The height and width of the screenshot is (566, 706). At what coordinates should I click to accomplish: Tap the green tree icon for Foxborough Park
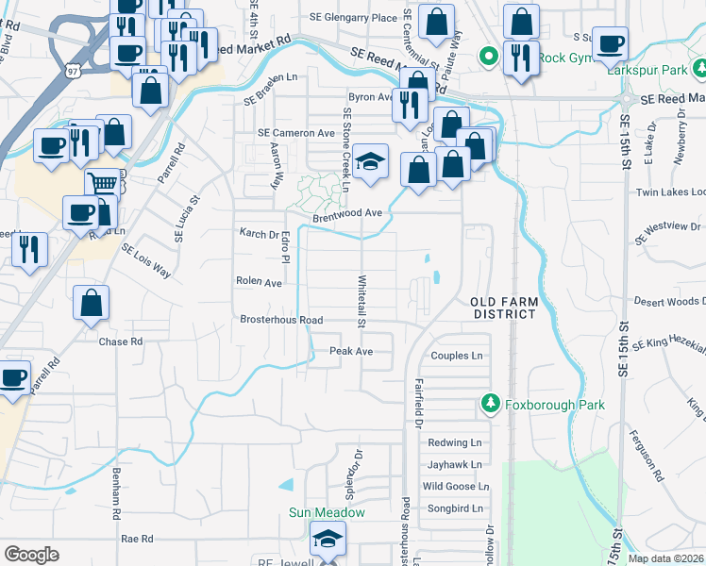point(490,404)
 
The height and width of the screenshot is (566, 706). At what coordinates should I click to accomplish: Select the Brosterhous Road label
point(281,320)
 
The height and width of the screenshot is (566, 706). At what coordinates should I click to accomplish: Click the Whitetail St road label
point(361,302)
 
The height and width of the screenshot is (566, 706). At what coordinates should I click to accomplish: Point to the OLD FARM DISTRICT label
point(504,308)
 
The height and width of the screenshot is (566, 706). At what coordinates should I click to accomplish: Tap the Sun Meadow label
point(327,513)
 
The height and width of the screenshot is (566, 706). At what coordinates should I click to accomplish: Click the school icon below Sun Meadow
point(328,541)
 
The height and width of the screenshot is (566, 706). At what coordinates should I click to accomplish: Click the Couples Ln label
point(456,356)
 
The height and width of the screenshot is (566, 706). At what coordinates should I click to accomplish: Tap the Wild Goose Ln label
point(456,487)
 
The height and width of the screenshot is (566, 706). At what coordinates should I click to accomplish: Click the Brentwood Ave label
point(347,213)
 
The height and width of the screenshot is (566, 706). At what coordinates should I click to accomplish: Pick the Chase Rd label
point(120,341)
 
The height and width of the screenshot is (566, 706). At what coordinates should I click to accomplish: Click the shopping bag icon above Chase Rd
point(92,303)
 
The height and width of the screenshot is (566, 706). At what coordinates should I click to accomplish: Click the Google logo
point(31,555)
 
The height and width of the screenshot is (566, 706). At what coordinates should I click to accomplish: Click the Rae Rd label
point(137,539)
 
